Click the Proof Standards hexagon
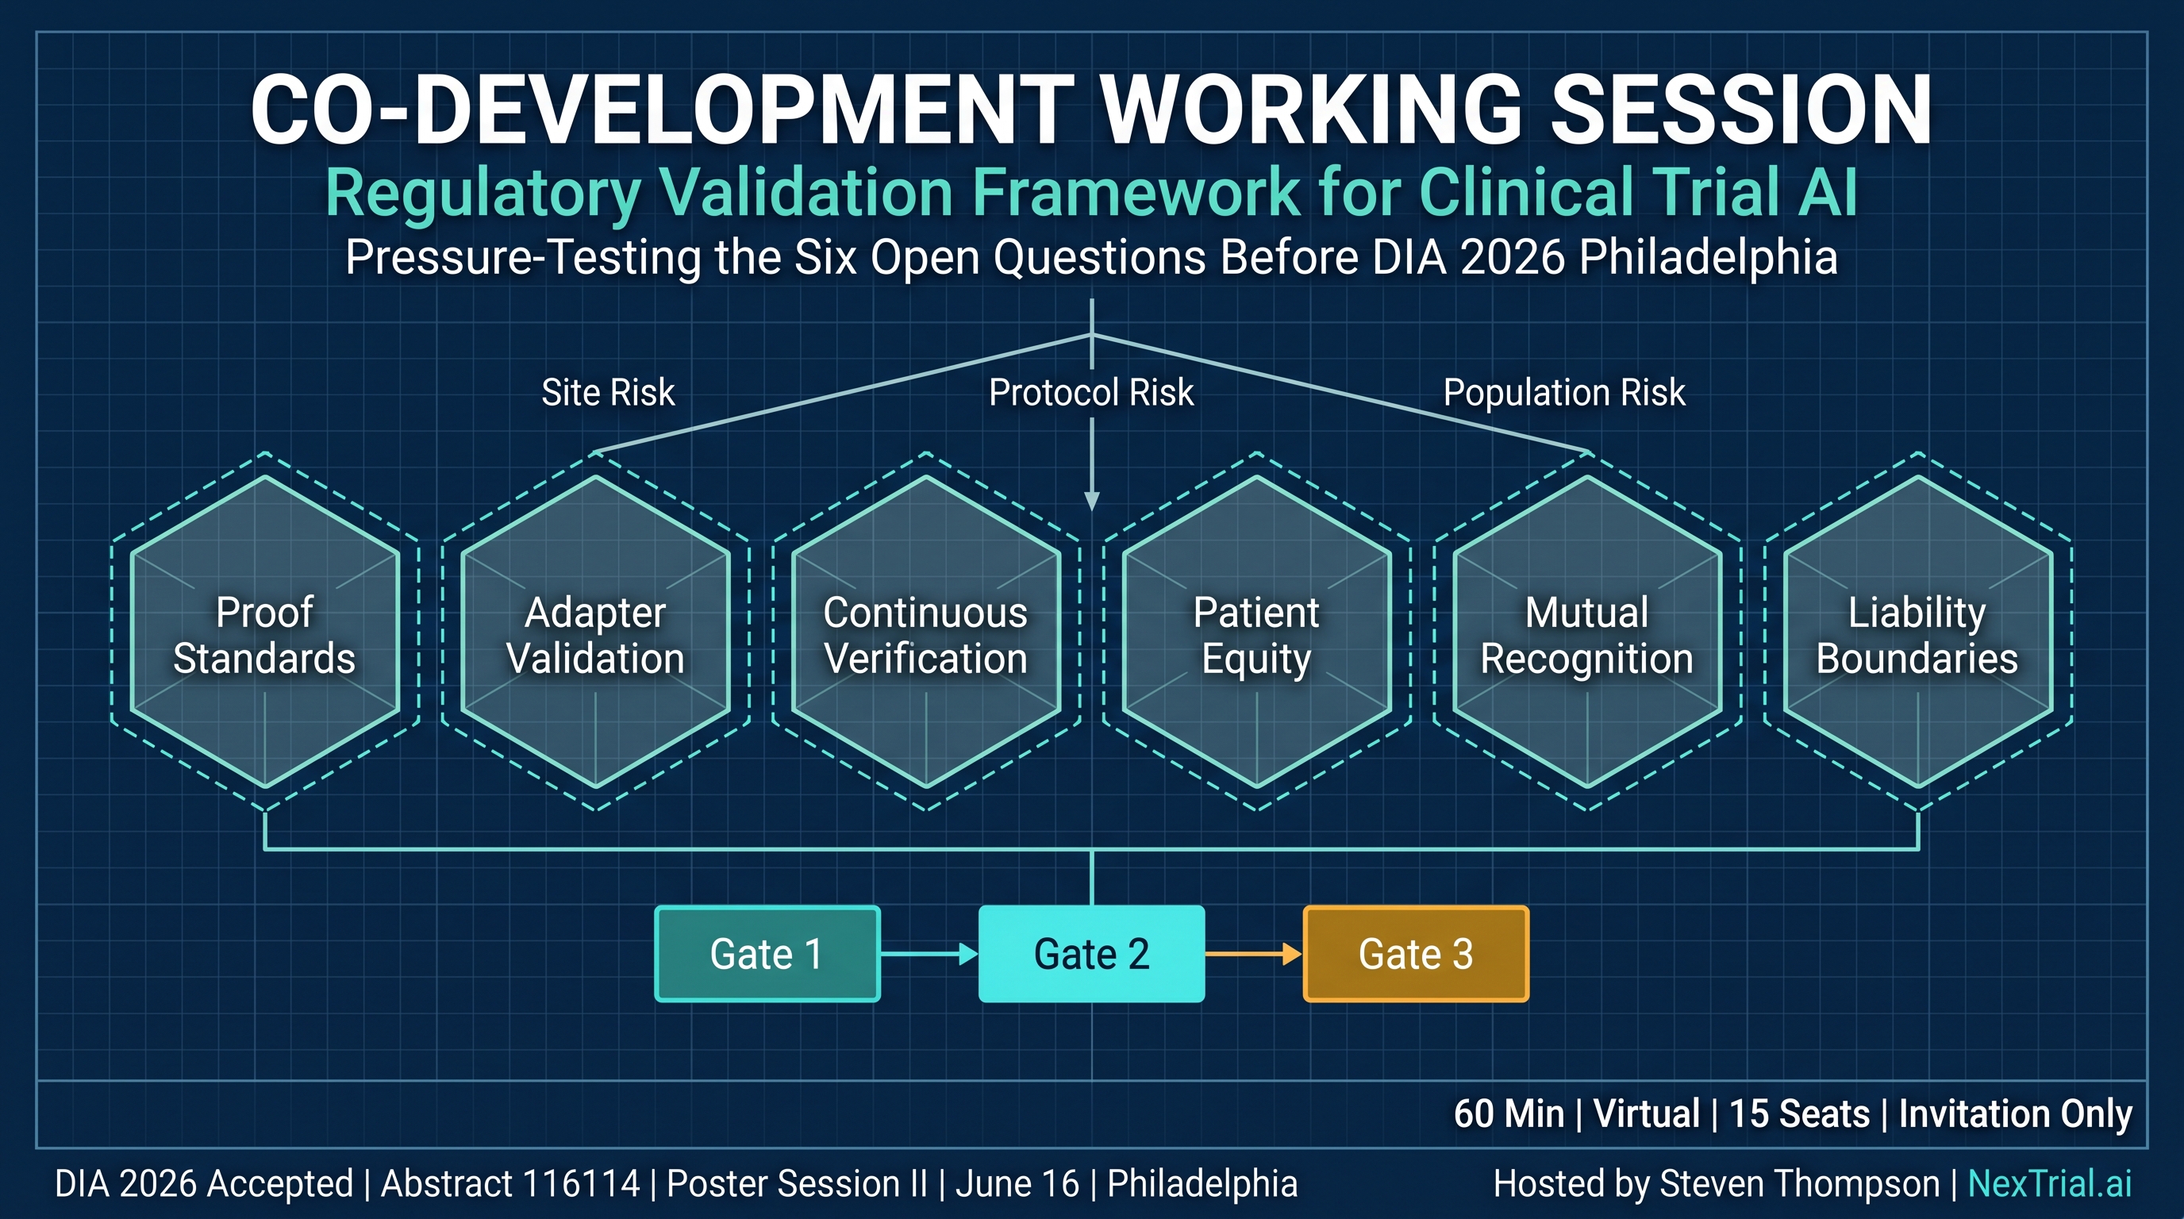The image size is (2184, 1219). pos(264,632)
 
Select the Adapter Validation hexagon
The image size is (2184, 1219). pos(595,632)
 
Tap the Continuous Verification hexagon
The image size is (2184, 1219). pos(926,632)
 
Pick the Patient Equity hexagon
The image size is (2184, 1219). pos(1256,632)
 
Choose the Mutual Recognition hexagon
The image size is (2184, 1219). pos(1587,632)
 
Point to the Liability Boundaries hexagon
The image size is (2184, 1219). pos(1918,632)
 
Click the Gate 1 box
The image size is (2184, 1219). pos(767,954)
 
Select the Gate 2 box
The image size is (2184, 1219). pos(1092,954)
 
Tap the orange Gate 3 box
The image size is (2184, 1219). pos(1416,954)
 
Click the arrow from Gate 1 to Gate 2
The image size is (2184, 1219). pos(929,954)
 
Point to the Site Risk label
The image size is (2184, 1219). pos(608,393)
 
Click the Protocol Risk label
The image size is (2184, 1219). pos(1091,393)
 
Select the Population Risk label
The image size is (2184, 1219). pos(1564,393)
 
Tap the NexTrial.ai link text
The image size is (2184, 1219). pos(2049,1183)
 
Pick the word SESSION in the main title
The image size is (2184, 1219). pos(1741,110)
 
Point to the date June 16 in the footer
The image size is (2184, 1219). pos(1017,1183)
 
